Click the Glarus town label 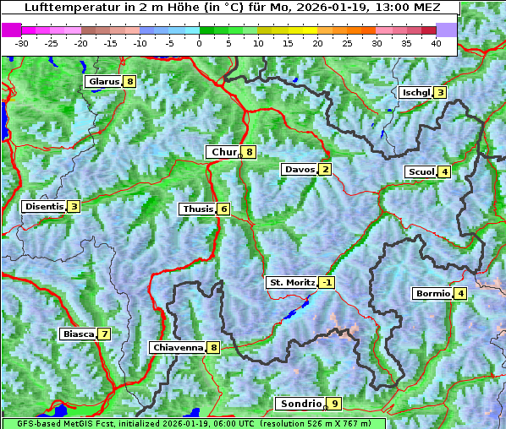pyautogui.click(x=102, y=82)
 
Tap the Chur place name pyautogui.click(x=223, y=152)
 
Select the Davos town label pyautogui.click(x=299, y=169)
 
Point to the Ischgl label pyautogui.click(x=415, y=92)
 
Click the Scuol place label pyautogui.click(x=421, y=171)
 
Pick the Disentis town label pyautogui.click(x=44, y=206)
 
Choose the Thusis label pyautogui.click(x=197, y=209)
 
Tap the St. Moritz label pyautogui.click(x=291, y=282)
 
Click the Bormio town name pyautogui.click(x=432, y=294)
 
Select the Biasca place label pyautogui.click(x=78, y=334)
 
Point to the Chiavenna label pyautogui.click(x=177, y=347)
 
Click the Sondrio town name pyautogui.click(x=300, y=404)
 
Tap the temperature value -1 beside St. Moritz pyautogui.click(x=327, y=282)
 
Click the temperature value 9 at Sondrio pyautogui.click(x=335, y=404)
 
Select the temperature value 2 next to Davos pyautogui.click(x=325, y=169)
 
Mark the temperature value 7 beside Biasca pyautogui.click(x=104, y=334)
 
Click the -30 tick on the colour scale pyautogui.click(x=22, y=42)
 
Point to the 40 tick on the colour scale pyautogui.click(x=436, y=42)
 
